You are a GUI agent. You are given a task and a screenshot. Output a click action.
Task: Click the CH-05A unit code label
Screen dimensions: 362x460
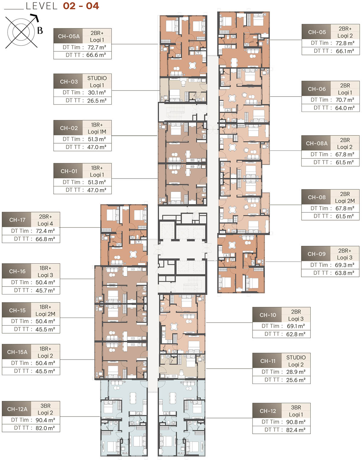pos(69,36)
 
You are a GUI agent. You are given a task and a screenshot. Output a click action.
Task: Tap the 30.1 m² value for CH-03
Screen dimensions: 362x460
pos(97,93)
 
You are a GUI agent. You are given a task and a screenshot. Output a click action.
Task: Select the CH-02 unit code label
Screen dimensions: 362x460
pos(69,128)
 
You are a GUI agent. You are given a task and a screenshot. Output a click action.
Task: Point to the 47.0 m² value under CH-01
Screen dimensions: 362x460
pos(97,190)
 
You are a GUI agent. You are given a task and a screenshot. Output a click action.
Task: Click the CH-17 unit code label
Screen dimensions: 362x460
pos(17,220)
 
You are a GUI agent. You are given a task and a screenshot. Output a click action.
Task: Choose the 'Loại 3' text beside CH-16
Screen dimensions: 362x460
pos(45,275)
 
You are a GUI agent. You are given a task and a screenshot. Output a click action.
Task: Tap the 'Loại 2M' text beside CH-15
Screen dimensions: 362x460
pos(45,314)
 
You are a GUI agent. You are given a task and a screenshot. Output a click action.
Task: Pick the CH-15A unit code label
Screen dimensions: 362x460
pos(17,352)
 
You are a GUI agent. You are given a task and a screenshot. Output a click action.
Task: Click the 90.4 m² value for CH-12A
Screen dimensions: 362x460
pos(45,420)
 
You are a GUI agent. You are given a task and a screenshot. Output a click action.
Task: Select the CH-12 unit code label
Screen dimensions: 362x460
pos(268,411)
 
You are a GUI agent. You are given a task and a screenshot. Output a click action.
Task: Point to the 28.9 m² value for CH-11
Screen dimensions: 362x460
pos(296,372)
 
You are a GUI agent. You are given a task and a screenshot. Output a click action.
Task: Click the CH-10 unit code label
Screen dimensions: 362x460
pos(268,315)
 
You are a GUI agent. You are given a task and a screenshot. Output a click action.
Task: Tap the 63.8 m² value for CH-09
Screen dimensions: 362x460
pos(345,273)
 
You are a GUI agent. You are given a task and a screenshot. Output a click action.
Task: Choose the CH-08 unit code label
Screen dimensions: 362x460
pos(317,197)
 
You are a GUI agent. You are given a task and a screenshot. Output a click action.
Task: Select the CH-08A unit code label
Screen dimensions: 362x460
pos(317,143)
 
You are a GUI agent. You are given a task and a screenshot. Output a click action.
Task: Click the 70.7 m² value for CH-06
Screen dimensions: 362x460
pos(345,100)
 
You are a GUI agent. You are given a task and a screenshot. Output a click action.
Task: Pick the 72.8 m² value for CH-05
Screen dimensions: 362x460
pos(345,43)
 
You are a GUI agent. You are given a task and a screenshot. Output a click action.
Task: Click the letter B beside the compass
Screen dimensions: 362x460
pos(40,30)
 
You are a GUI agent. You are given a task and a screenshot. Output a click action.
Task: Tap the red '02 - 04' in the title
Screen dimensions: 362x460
pos(81,6)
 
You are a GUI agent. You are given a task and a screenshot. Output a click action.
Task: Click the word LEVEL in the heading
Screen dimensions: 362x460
pos(42,6)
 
